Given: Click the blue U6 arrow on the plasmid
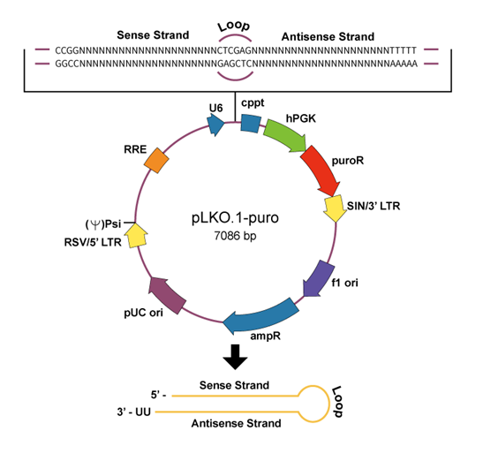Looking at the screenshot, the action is click(x=215, y=125).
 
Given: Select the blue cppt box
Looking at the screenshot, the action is click(x=251, y=124).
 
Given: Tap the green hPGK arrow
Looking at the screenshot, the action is click(x=285, y=136).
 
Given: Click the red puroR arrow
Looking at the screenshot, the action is click(x=321, y=171).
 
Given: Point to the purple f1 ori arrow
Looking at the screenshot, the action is click(x=319, y=279).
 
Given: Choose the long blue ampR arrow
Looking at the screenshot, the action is click(x=260, y=316).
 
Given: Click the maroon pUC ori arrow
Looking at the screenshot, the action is click(x=167, y=295).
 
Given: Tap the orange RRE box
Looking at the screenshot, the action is click(x=156, y=160).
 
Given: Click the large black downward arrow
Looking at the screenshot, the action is click(x=235, y=357).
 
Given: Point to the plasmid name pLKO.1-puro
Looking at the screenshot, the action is click(x=235, y=217).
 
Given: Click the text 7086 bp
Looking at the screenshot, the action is click(x=235, y=236).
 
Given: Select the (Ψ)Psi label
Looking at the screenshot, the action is click(x=103, y=224).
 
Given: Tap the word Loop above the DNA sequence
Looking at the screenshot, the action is click(x=234, y=26).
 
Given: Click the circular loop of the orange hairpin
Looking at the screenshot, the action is click(x=313, y=404).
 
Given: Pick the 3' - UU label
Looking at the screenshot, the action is click(x=133, y=412).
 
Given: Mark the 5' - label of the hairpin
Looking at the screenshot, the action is click(x=158, y=395).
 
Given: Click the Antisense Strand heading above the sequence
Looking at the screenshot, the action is click(x=328, y=37).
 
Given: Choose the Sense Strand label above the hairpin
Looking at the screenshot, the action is click(x=234, y=385).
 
